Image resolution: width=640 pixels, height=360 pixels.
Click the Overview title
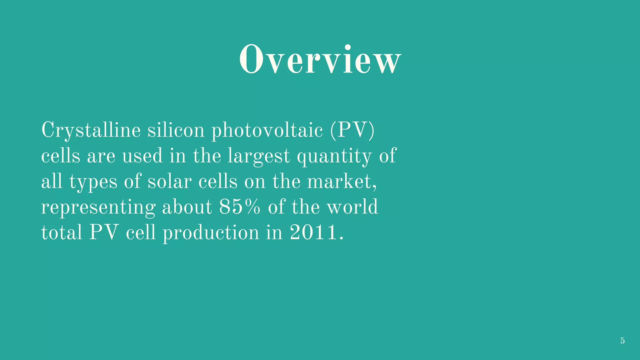click(320, 59)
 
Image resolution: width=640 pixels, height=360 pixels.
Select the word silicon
click(176, 130)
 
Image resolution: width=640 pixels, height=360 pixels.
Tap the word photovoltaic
click(267, 130)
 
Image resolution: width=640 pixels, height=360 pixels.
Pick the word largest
click(258, 156)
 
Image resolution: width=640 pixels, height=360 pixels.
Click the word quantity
click(334, 156)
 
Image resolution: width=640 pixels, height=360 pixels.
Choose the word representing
click(98, 207)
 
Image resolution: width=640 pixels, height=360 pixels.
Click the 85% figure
click(239, 207)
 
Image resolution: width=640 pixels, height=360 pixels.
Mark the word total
click(62, 233)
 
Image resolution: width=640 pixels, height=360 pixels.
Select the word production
click(211, 233)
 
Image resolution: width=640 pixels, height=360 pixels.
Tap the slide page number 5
click(622, 341)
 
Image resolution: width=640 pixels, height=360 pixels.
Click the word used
click(142, 156)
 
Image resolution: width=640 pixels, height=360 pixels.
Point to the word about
click(187, 207)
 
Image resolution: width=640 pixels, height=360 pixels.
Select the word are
click(101, 156)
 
